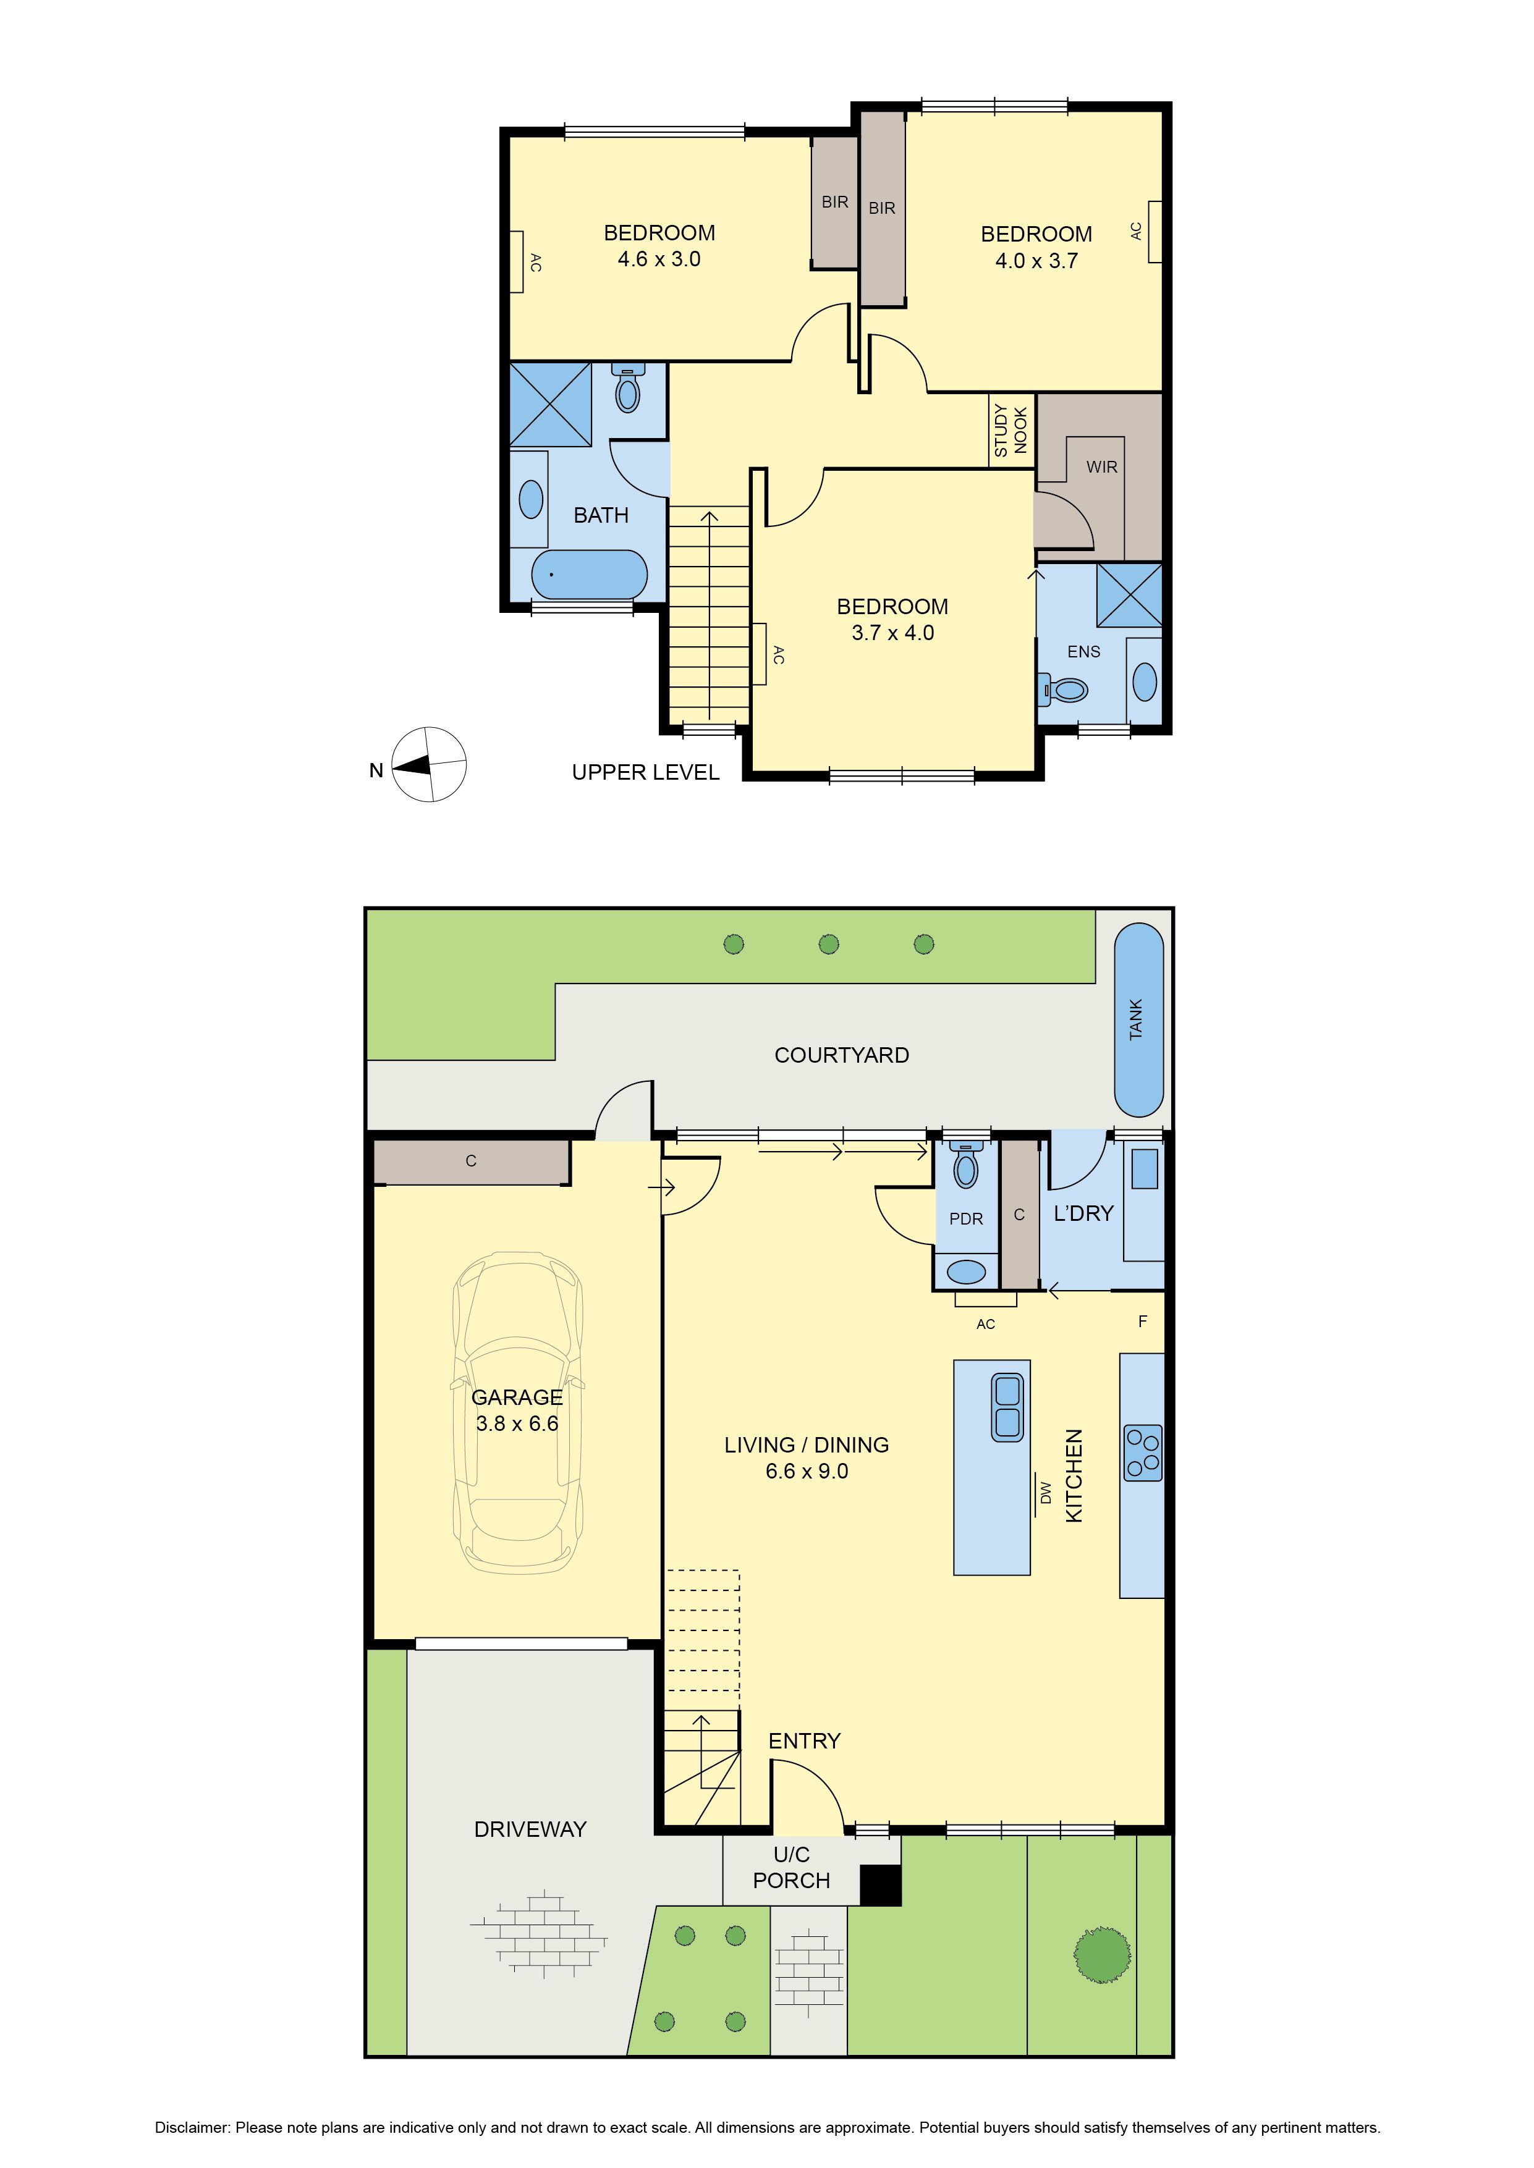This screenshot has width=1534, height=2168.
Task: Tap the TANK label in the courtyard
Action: click(1135, 1020)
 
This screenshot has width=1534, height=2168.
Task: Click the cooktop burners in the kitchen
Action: click(1142, 1453)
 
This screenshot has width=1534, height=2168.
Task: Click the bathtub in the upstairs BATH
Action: click(590, 574)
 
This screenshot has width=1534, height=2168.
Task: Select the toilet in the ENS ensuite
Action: click(1064, 690)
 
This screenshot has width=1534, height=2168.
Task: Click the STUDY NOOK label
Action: click(1011, 431)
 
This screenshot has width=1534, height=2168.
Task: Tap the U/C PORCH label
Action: click(792, 1868)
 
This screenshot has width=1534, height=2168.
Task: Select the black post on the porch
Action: click(880, 1885)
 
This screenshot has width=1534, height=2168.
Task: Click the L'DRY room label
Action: click(1083, 1213)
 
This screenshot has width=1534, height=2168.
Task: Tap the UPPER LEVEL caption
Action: click(645, 772)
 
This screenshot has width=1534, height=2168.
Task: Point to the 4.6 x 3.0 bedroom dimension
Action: click(659, 259)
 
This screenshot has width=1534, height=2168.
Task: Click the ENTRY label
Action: click(804, 1741)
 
